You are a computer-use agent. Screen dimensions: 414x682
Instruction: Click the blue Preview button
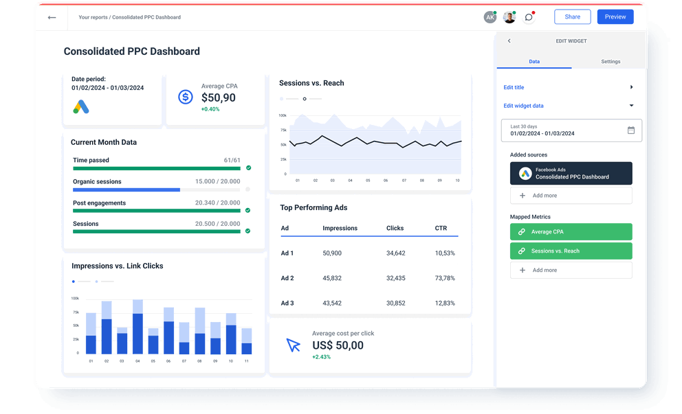[615, 16]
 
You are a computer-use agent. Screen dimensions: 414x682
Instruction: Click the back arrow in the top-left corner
[52, 17]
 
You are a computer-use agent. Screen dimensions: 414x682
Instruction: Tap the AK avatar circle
[489, 17]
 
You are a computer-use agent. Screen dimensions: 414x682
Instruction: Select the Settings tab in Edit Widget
[610, 62]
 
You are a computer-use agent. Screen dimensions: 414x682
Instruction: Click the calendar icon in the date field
[630, 130]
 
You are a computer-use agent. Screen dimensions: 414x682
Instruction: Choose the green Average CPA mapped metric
[571, 232]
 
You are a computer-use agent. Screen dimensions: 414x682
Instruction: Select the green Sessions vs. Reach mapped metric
[571, 251]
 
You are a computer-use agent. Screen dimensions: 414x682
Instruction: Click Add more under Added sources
[571, 196]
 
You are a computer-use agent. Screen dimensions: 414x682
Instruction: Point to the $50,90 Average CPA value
[218, 98]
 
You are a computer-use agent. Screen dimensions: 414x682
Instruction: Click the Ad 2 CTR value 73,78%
[445, 278]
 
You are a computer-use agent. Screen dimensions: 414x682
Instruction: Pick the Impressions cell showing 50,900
[332, 253]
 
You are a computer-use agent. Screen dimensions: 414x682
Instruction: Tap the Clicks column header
[395, 228]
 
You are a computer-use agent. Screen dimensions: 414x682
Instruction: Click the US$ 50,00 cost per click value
[338, 345]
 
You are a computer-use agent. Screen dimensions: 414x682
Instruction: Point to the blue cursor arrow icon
[294, 345]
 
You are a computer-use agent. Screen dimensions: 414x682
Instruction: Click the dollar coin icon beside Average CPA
[185, 97]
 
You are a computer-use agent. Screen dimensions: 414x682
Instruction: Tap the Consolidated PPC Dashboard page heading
[132, 51]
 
